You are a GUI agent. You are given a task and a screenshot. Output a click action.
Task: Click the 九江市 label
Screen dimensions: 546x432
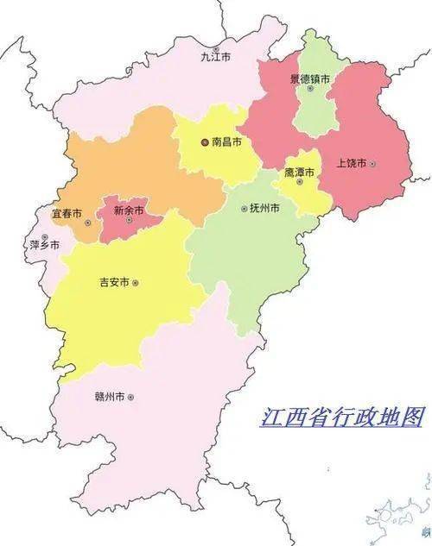[216, 57]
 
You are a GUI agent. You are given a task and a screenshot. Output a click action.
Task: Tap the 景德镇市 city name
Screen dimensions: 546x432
[311, 78]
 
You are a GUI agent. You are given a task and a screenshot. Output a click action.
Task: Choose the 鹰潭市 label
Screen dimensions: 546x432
[299, 173]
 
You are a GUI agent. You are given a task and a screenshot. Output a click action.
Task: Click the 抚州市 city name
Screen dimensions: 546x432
[265, 208]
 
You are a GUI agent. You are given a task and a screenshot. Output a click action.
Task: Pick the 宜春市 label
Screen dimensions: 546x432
[67, 212]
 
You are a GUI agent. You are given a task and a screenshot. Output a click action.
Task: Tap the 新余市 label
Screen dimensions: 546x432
[129, 209]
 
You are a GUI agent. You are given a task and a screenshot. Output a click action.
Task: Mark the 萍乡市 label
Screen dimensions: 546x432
[45, 245]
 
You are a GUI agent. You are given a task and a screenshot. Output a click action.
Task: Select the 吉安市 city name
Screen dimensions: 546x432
[114, 282]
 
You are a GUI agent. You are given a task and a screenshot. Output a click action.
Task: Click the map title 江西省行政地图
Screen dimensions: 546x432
[342, 418]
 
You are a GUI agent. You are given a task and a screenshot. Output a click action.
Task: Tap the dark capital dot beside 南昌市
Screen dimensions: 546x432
[205, 141]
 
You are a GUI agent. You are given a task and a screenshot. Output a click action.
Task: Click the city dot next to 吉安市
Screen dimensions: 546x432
[135, 282]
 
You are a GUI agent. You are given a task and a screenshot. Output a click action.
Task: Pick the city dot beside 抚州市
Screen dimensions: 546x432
[244, 208]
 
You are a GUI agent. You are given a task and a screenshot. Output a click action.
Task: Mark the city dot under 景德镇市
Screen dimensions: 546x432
[310, 88]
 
